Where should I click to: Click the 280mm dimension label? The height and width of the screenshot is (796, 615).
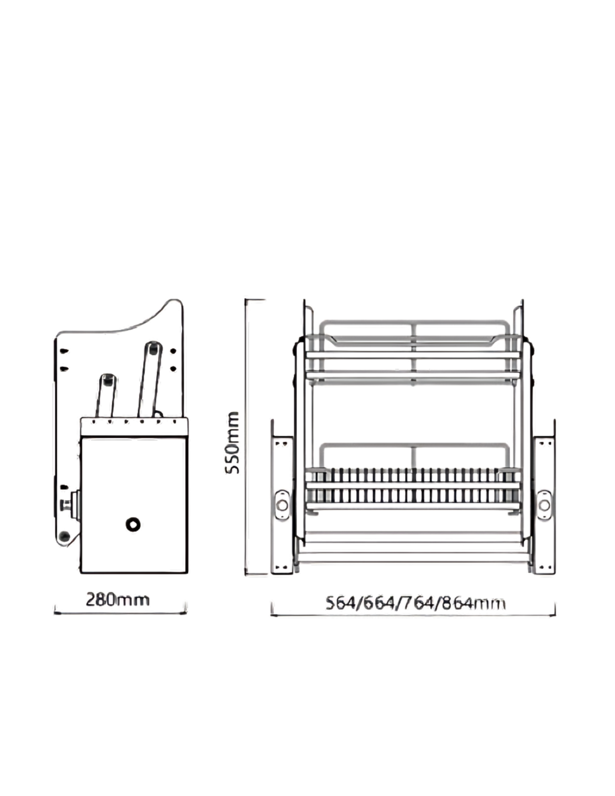[118, 600]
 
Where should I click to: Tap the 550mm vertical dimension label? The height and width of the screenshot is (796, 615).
[232, 443]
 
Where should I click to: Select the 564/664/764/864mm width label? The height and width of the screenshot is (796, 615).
[416, 603]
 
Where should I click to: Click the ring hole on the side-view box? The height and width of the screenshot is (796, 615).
[133, 524]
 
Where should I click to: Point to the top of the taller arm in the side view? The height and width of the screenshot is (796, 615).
[152, 348]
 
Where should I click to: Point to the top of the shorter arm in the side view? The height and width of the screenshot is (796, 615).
[107, 380]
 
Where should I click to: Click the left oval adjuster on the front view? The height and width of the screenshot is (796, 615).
[282, 505]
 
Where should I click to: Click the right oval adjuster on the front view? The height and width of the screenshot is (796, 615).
[544, 505]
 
